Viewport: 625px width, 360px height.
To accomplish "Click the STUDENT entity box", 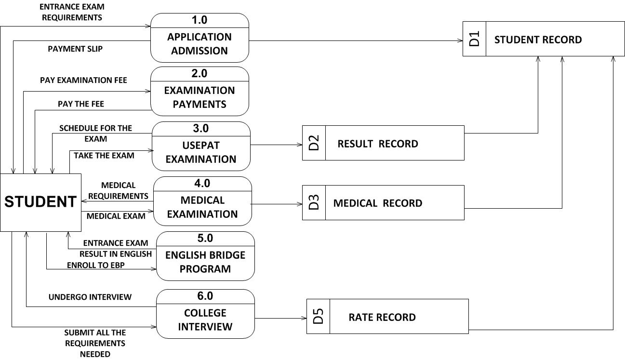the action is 41,202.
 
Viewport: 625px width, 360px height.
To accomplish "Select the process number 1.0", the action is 199,20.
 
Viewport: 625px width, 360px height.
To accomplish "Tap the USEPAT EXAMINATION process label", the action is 201,152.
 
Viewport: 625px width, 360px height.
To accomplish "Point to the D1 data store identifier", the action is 474,39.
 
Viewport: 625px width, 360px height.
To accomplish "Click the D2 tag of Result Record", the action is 314,143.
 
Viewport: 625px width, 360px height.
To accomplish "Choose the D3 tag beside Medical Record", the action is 314,202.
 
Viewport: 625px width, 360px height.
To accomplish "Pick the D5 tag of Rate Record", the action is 319,316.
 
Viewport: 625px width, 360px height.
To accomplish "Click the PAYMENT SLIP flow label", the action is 75,49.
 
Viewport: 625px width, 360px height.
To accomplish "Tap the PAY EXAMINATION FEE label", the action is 83,80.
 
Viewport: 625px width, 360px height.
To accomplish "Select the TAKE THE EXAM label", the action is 104,156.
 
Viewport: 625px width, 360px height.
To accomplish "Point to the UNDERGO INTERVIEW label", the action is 90,297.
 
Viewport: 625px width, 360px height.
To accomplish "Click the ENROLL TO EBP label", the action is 96,265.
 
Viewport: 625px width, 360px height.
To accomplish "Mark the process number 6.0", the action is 205,296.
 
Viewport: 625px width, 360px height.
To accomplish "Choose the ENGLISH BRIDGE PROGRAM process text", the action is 205,262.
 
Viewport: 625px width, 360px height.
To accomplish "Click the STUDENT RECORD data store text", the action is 538,40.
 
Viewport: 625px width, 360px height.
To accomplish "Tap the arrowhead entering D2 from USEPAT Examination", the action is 300,145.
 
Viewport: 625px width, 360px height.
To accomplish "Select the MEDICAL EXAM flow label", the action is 116,216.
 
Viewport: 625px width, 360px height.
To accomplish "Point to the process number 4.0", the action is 202,183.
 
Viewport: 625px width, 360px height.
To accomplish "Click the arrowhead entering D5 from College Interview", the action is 304,318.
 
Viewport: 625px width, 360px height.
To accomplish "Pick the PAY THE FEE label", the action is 81,104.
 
